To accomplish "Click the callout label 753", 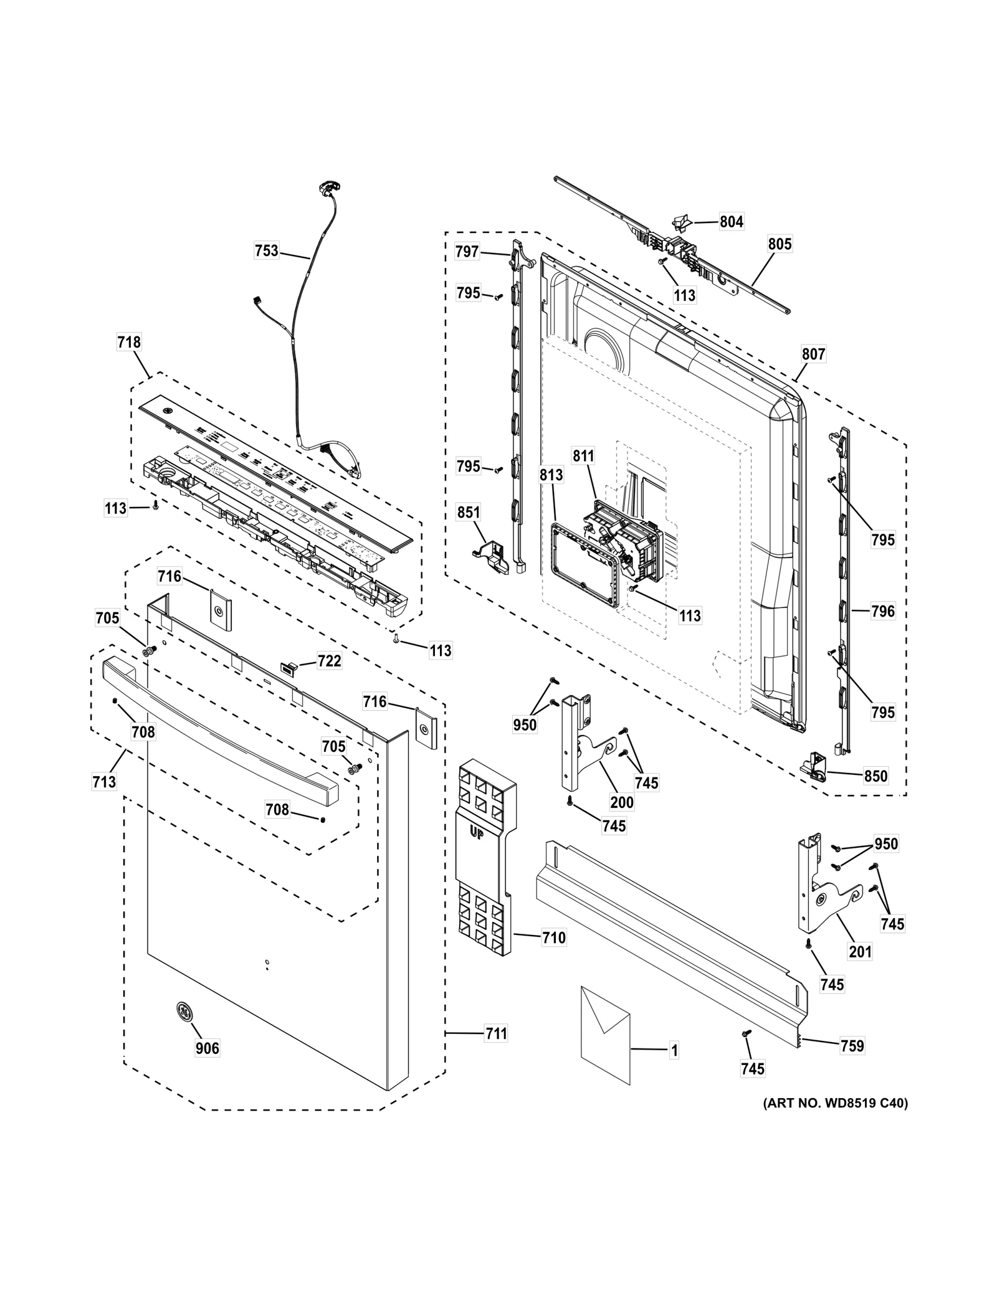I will [267, 251].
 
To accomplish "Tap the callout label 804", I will [732, 222].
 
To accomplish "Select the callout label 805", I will [780, 244].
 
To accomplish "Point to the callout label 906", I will [208, 1048].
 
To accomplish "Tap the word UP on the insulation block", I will [476, 834].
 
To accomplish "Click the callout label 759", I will [852, 1046].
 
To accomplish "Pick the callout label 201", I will [861, 951].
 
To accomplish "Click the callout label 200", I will [622, 802].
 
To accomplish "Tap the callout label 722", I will [329, 661].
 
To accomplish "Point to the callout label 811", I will [584, 456].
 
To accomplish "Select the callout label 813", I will [551, 475].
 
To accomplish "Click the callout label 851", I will [469, 513].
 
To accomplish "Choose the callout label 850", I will [875, 776].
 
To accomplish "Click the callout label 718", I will [129, 342].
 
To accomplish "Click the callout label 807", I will [813, 354].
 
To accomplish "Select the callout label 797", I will [467, 252].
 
